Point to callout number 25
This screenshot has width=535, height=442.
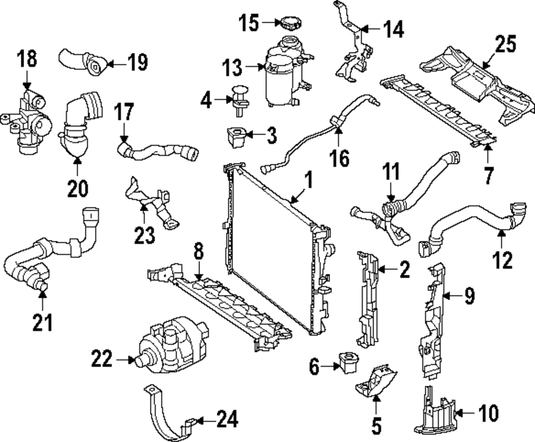point(505,44)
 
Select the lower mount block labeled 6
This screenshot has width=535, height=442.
point(346,364)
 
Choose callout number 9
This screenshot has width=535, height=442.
point(469,296)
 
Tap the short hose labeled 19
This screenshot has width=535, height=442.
point(80,61)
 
